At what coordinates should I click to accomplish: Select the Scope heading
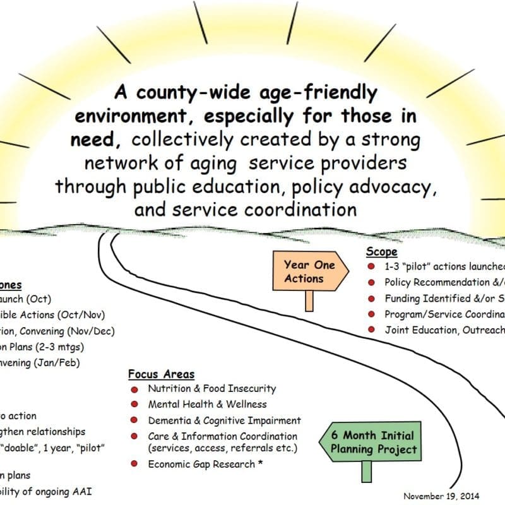coord(382,252)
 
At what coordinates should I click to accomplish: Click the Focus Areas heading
coord(161,374)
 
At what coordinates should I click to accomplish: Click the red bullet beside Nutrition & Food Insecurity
coord(134,389)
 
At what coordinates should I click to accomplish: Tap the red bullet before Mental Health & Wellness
coord(134,405)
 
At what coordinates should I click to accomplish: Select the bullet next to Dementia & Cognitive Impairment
coord(134,420)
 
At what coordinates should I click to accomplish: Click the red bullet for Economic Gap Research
coord(134,465)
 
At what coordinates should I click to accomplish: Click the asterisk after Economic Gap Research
coord(261,463)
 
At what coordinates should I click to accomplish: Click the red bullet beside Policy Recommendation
coord(371,282)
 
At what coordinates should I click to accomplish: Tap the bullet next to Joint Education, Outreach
coord(371,330)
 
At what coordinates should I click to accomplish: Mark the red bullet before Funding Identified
coord(371,298)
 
